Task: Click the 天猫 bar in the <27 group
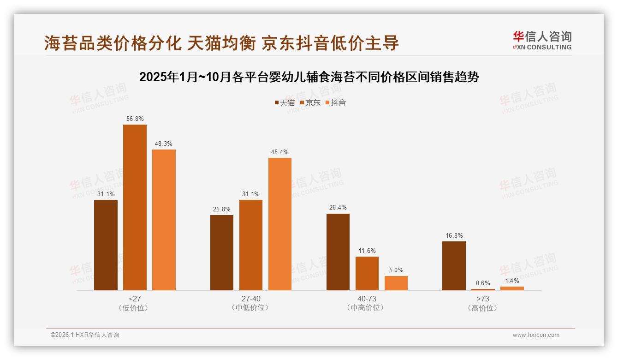106,245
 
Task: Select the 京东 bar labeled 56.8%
135,208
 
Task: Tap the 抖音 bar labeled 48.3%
164,220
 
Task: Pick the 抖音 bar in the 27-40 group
280,224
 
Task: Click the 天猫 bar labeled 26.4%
338,252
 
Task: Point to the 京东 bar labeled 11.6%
367,274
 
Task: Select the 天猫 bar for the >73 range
454,266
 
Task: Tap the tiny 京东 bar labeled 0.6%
483,289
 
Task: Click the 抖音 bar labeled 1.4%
512,288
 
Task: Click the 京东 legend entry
310,102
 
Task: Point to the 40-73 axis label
367,299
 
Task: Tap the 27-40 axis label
251,299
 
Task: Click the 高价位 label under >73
483,308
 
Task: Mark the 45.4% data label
280,152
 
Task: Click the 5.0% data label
396,270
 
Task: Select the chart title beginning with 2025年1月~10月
309,77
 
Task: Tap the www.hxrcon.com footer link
536,335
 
